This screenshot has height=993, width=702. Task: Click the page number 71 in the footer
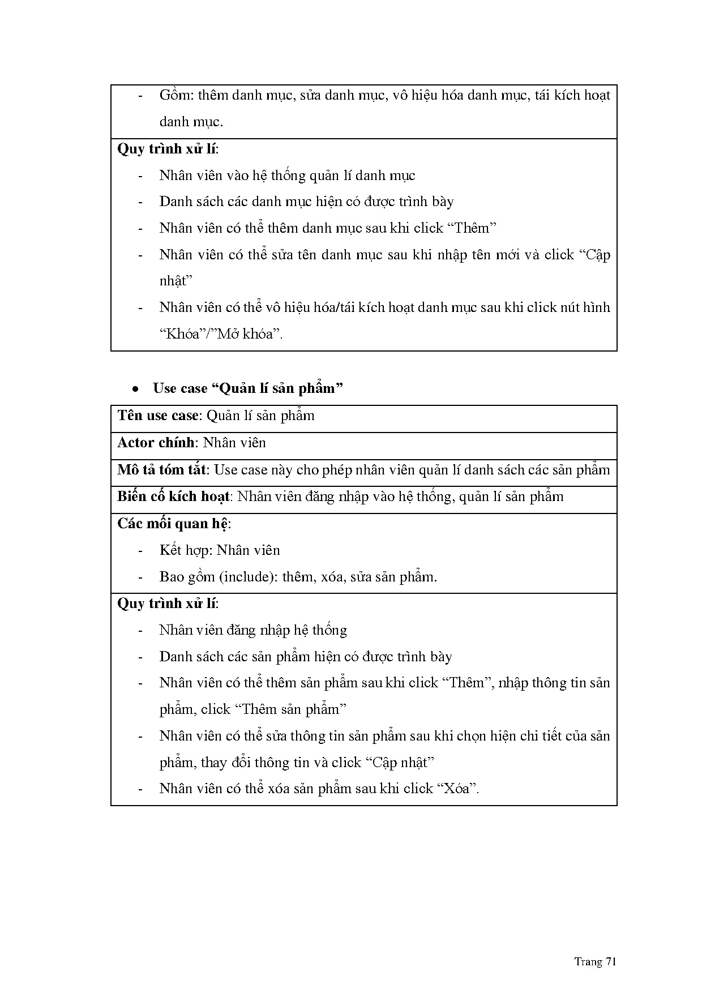pyautogui.click(x=610, y=961)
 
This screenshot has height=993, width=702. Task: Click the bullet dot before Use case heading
pyautogui.click(x=135, y=389)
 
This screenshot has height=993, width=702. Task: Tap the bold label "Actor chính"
pyautogui.click(x=156, y=443)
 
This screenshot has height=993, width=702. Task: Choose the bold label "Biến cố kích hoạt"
pyautogui.click(x=173, y=497)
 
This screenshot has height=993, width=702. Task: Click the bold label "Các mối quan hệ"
pyautogui.click(x=173, y=524)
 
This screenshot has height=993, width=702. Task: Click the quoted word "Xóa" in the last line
pyautogui.click(x=457, y=789)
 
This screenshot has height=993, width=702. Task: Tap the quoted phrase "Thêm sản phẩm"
pyautogui.click(x=290, y=709)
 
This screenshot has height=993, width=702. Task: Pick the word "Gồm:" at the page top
pyautogui.click(x=177, y=95)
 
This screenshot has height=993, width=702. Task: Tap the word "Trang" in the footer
pyautogui.click(x=588, y=961)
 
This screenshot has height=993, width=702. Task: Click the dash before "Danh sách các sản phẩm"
pyautogui.click(x=140, y=657)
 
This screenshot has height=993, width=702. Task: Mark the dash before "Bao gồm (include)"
pyautogui.click(x=140, y=577)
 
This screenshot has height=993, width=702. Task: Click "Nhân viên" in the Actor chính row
pyautogui.click(x=234, y=443)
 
